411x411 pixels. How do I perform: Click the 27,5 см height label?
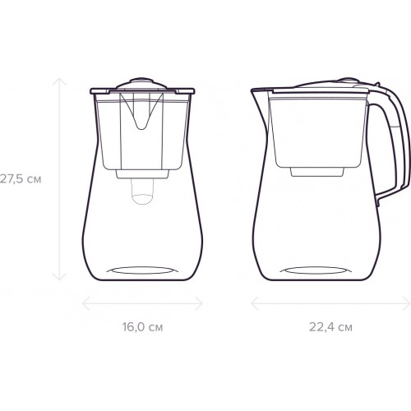pos(21,179)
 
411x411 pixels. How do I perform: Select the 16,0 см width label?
pos(142,327)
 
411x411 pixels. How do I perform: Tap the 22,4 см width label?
pos(330,327)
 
